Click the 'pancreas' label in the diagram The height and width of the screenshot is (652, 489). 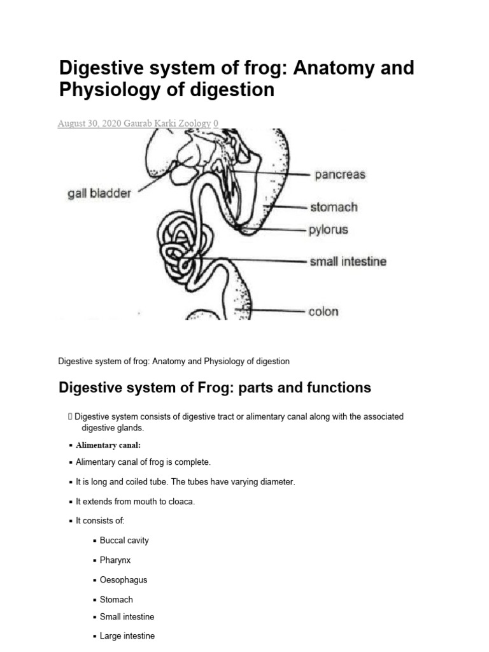[x=338, y=174]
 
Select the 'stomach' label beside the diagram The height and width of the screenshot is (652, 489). [x=334, y=207]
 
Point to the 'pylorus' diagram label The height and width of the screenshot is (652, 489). [x=329, y=229]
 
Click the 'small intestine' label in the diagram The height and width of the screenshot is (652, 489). [x=348, y=261]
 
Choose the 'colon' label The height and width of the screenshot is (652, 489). [x=323, y=311]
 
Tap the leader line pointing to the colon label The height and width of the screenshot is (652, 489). [x=274, y=311]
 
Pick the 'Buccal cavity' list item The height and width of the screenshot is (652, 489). [x=124, y=541]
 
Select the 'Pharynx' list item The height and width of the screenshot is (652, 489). [x=115, y=560]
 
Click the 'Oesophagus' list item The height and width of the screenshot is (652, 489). [x=124, y=580]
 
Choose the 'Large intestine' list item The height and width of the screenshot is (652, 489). [x=127, y=635]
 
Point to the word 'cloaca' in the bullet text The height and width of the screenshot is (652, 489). [x=181, y=502]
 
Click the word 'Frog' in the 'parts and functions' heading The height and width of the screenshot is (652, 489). [x=187, y=387]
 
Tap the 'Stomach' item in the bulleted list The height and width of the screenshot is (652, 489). [x=117, y=599]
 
